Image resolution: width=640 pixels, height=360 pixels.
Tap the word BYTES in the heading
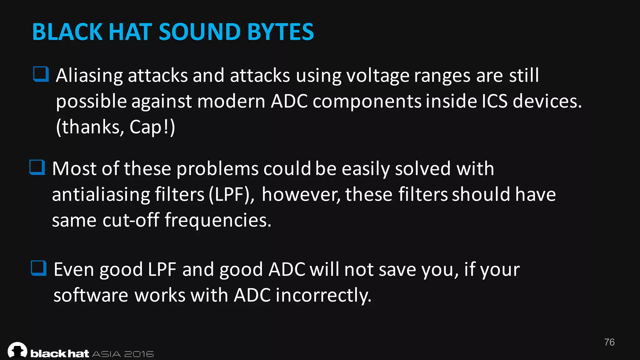pos(280,32)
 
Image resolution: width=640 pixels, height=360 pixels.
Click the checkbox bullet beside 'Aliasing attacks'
pos(41,74)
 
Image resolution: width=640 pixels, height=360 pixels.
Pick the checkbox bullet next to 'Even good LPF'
pos(39,268)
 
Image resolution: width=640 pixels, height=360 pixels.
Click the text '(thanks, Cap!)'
pos(116,127)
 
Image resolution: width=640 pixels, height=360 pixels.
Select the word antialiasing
pos(101,194)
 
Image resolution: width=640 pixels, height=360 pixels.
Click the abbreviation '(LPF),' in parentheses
pos(231,194)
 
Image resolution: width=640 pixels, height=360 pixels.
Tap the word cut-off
pos(131,220)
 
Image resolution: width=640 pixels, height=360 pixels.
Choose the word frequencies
pos(218,221)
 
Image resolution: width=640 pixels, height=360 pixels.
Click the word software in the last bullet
pos(91,295)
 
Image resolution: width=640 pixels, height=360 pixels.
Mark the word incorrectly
pos(323,295)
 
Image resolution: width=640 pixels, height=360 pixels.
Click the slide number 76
pos(609,342)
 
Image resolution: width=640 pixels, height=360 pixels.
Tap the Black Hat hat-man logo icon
pos(17,350)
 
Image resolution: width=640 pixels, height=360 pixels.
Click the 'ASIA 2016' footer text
pos(123,354)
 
